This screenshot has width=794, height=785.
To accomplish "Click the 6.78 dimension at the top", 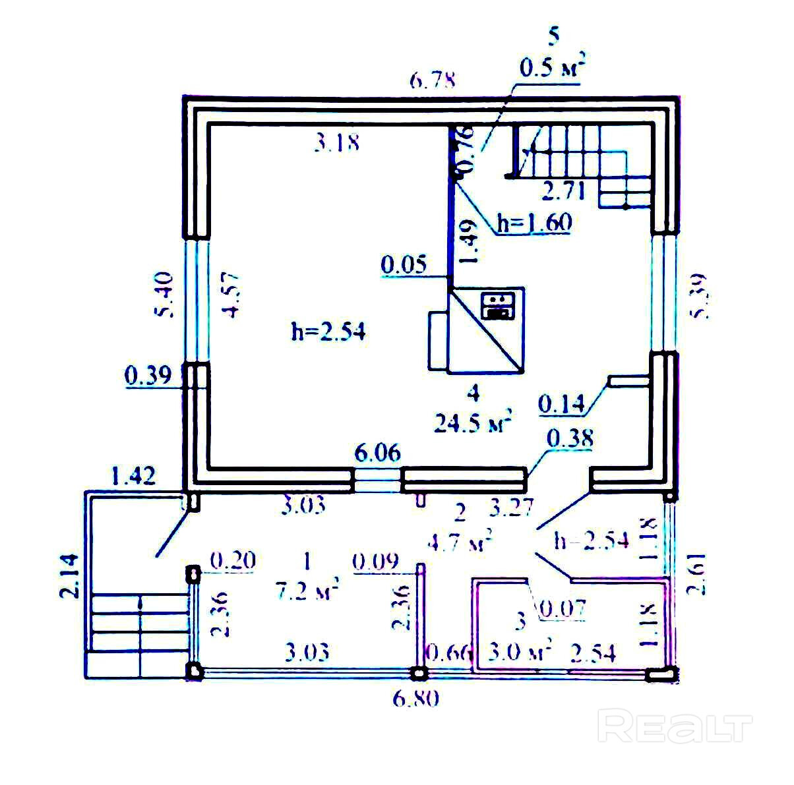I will point(432,81).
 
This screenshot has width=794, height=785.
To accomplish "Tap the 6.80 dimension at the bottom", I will point(415,697).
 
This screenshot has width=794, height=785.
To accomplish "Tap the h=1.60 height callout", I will point(535,223).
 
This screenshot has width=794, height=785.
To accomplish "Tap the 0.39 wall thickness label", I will point(148,376).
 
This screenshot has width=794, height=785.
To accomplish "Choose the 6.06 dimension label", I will point(377,453).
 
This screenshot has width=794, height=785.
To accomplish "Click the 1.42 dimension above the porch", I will point(134,475).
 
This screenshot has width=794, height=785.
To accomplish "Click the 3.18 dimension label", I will point(337,142).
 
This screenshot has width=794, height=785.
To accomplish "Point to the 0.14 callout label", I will point(562,403).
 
